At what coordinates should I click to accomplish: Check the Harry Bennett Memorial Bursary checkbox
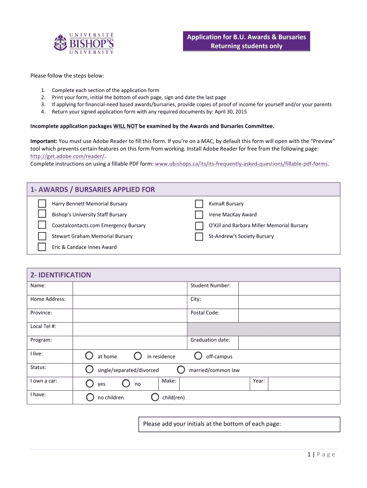[42, 203]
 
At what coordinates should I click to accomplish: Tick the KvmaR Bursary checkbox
[199, 203]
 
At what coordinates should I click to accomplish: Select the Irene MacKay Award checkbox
[199, 214]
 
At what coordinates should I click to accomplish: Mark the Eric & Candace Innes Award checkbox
[42, 247]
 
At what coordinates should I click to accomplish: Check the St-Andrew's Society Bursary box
[199, 236]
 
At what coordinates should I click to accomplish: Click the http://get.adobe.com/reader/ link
[67, 156]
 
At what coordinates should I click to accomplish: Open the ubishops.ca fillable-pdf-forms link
[242, 164]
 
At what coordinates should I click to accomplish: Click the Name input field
[129, 288]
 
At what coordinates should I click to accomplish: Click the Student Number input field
[289, 288]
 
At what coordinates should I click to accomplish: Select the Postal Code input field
[289, 315]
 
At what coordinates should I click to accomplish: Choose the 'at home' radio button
[90, 356]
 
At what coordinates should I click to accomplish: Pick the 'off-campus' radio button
[198, 356]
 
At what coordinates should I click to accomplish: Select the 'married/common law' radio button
[181, 369]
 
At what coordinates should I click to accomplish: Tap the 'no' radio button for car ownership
[126, 383]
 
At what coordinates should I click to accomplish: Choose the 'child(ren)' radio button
[154, 397]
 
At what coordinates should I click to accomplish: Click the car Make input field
[214, 384]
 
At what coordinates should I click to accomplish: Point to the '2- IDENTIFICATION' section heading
[61, 275]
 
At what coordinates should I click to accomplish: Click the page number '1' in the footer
[309, 454]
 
